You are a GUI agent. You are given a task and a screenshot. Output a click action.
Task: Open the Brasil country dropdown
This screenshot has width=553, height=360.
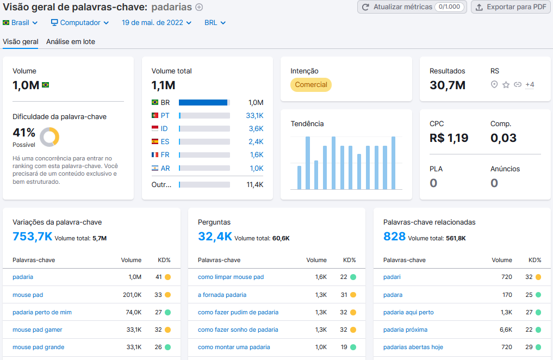(x=20, y=23)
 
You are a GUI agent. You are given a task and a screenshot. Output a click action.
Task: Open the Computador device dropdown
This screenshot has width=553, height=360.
(x=79, y=23)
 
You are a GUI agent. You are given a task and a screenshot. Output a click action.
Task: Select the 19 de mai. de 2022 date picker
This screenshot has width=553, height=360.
(x=157, y=23)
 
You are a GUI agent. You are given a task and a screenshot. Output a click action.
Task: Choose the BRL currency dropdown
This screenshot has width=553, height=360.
(x=215, y=23)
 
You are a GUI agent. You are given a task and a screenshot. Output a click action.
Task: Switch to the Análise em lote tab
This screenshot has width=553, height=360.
(x=71, y=41)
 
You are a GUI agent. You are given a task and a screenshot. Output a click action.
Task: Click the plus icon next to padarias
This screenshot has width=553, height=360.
(x=199, y=7)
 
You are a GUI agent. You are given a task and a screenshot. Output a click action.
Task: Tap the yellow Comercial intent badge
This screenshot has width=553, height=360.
(x=311, y=85)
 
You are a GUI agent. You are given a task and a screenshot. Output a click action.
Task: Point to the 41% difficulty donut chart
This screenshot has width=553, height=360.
(x=49, y=136)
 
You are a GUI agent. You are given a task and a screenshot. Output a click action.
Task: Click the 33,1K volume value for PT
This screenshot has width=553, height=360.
(x=254, y=115)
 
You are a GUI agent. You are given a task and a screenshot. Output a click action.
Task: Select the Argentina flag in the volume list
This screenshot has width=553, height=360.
(x=155, y=169)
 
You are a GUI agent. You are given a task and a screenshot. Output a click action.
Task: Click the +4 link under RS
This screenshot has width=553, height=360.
(x=530, y=85)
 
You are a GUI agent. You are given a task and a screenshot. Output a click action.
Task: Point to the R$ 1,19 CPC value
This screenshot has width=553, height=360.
(x=449, y=138)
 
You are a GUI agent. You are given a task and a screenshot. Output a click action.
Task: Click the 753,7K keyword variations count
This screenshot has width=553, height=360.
(x=32, y=236)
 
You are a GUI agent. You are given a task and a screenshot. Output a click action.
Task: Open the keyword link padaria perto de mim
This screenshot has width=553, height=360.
(x=42, y=312)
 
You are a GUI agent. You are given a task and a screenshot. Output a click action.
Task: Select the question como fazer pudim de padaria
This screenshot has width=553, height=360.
(x=238, y=312)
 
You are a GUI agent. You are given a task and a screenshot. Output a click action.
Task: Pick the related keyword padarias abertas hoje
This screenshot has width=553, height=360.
(x=413, y=347)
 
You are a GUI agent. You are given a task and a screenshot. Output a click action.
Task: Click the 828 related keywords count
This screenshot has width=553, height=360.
(x=394, y=236)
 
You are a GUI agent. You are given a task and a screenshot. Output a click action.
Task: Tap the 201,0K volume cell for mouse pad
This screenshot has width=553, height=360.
(x=132, y=295)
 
